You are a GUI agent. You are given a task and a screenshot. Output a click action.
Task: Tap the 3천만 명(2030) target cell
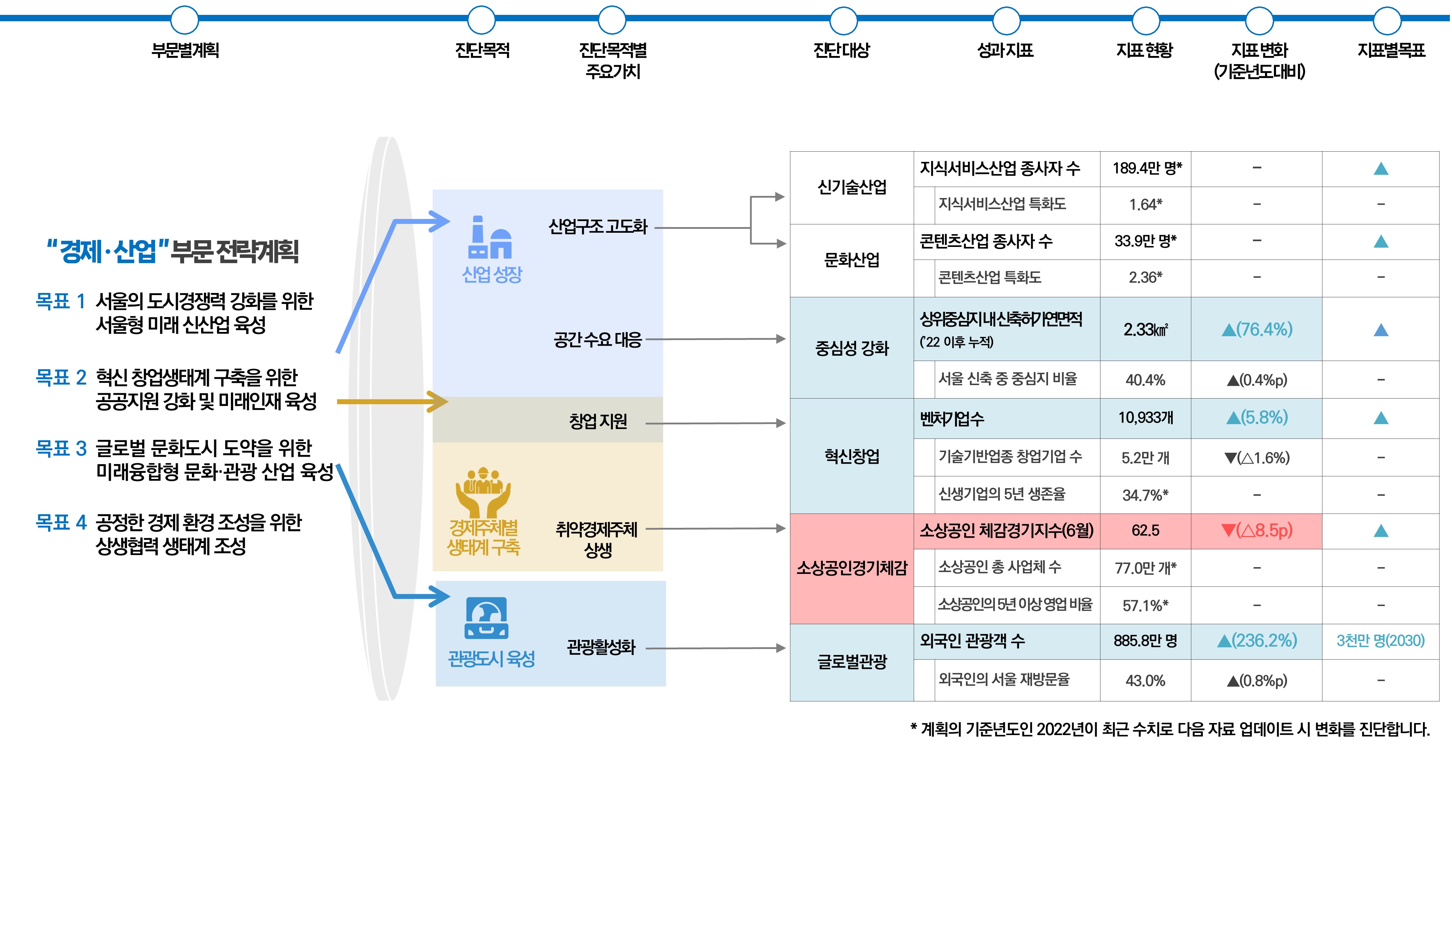[1380, 641]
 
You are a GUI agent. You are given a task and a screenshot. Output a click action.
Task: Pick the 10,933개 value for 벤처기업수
[1145, 417]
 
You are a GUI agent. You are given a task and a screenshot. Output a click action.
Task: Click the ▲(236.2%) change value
[1256, 641]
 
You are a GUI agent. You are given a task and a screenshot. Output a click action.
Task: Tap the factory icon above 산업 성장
[490, 238]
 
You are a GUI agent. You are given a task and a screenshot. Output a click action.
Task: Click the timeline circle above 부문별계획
[184, 20]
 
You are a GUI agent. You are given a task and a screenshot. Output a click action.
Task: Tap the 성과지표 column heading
[1005, 50]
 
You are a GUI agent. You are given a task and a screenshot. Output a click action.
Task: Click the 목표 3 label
[61, 448]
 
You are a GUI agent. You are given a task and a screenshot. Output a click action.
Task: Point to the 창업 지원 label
[598, 421]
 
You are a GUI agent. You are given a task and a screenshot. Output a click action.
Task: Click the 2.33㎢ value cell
[1145, 329]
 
